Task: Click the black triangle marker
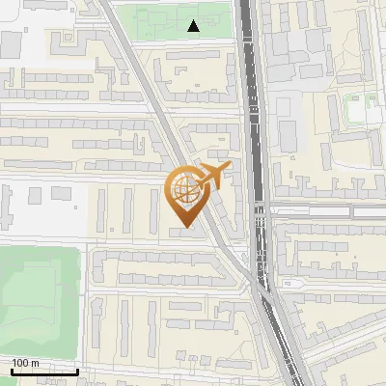coord(194,27)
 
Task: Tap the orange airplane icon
coord(213,177)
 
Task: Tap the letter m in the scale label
coord(36,363)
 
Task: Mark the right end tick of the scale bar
coord(77,372)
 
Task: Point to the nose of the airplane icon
coord(230,169)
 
